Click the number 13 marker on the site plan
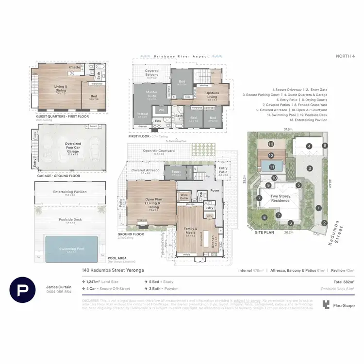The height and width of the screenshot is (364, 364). point(271,144)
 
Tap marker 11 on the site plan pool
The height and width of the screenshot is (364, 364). point(271,167)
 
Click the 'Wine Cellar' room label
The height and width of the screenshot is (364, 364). point(183,197)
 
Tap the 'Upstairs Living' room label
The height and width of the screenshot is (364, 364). point(212,95)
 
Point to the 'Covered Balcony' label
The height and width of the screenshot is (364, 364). point(152,74)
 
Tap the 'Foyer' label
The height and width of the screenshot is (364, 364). point(215,191)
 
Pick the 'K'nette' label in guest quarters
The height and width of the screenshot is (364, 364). point(74,67)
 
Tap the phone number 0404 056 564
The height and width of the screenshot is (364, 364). point(59,292)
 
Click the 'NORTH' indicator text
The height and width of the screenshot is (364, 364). point(344,56)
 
